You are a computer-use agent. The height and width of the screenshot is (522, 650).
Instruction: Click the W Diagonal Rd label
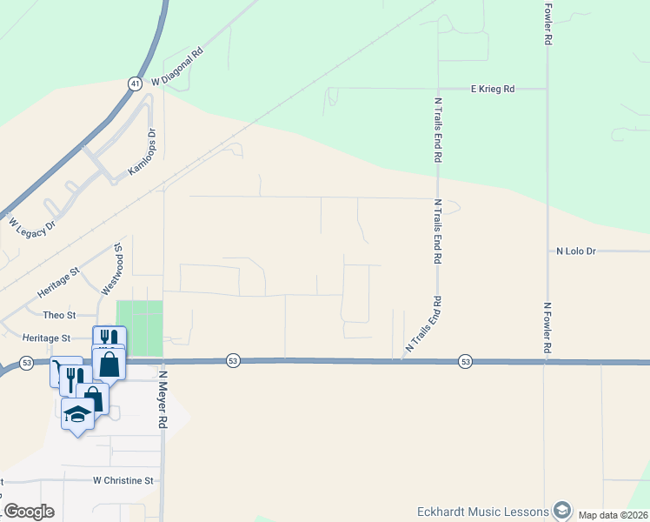tap(177, 66)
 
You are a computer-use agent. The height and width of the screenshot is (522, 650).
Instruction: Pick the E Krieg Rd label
tap(492, 89)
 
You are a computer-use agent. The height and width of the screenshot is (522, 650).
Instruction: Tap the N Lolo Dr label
tap(576, 251)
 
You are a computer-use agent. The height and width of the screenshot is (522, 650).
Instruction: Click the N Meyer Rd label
tap(162, 400)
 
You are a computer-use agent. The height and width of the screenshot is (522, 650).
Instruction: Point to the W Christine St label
tap(123, 479)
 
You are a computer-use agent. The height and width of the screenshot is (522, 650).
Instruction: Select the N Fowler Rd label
tap(547, 328)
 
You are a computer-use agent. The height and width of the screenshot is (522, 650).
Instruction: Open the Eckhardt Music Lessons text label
tap(482, 512)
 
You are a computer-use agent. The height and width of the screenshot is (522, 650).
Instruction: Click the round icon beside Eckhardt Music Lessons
tap(562, 511)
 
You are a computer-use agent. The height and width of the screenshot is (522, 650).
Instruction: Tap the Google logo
tap(29, 512)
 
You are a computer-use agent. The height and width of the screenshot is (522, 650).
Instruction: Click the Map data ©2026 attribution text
tap(614, 515)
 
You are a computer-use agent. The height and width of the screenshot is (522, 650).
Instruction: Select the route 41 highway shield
tap(134, 84)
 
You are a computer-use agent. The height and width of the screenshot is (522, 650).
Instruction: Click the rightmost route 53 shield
tap(466, 361)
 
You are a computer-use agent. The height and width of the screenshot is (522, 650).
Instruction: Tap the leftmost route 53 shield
tap(27, 362)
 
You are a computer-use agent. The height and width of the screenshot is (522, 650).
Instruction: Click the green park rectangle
tap(140, 327)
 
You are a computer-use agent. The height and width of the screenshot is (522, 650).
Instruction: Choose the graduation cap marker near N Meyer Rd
tap(78, 414)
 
